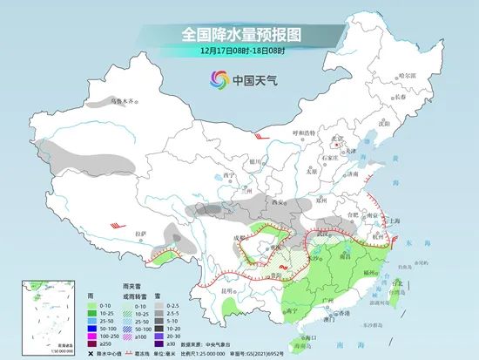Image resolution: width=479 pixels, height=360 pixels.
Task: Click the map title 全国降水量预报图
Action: point(239,34)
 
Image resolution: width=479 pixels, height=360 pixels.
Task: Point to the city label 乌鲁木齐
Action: point(123,101)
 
